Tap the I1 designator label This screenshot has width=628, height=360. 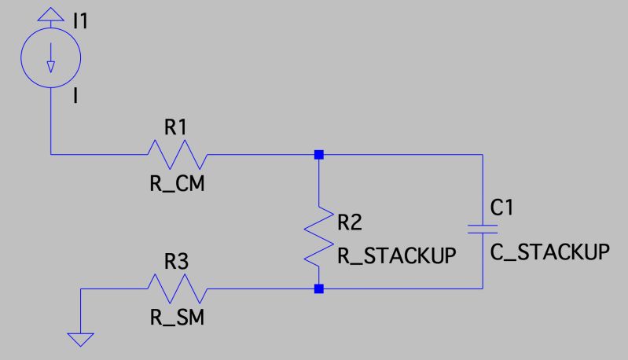point(80,20)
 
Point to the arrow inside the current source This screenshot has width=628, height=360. point(51,58)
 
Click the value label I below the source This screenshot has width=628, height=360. point(75,96)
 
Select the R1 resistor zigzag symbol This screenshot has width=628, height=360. point(178,154)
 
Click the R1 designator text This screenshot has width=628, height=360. point(175,127)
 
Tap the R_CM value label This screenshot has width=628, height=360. point(177,184)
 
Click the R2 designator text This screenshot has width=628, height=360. point(350,222)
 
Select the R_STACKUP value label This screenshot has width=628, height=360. point(397,255)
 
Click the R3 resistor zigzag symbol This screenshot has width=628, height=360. point(178,288)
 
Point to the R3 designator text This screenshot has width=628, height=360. point(176,262)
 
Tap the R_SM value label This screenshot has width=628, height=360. point(177,318)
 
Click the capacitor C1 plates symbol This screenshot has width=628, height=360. point(483,229)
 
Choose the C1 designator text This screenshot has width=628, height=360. point(501,208)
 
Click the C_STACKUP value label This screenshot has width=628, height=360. point(550,252)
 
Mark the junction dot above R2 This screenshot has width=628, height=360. point(319,155)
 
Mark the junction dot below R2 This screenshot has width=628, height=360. point(319,288)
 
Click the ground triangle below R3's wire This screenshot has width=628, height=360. point(80,339)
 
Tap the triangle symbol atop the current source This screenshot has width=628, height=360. point(51,15)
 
